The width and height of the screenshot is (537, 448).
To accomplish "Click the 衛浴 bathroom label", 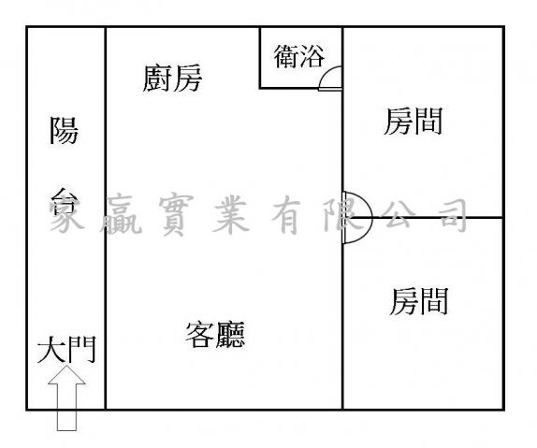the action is tap(299, 56).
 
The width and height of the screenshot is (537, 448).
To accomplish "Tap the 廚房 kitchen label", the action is tap(172, 79).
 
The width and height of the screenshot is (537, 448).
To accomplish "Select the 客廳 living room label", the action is tap(215, 335).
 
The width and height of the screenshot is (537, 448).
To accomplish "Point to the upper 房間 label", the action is tap(413, 121).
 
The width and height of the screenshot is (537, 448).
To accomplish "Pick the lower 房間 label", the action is tap(419, 301).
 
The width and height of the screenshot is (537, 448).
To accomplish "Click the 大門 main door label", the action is tap(66, 350).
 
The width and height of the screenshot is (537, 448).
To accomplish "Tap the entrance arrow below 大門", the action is tap(66, 398).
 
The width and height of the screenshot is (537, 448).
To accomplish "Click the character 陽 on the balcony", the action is tap(64, 131).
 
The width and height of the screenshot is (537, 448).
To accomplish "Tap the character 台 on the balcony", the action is tap(65, 201).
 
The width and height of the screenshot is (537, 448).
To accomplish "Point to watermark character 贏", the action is tap(122, 215).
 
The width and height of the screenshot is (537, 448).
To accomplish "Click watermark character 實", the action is tap(176, 214).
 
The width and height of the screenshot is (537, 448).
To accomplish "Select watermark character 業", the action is tap(230, 216).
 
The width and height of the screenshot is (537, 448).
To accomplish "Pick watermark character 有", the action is tap(286, 216).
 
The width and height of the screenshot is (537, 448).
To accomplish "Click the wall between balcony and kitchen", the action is tap(106, 218).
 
